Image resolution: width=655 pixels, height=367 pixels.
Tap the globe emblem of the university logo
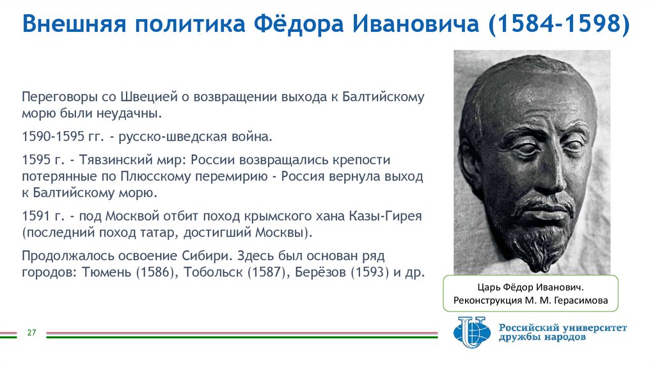472,331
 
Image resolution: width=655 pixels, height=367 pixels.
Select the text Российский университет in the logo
562,327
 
